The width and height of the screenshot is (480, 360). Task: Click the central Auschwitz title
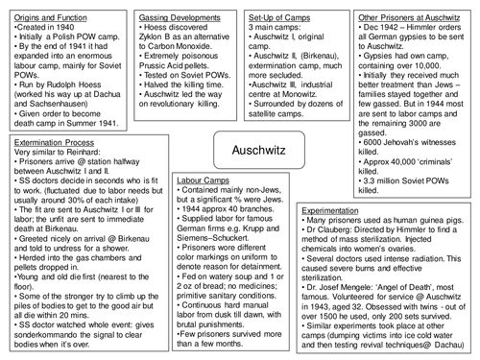(240, 150)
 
